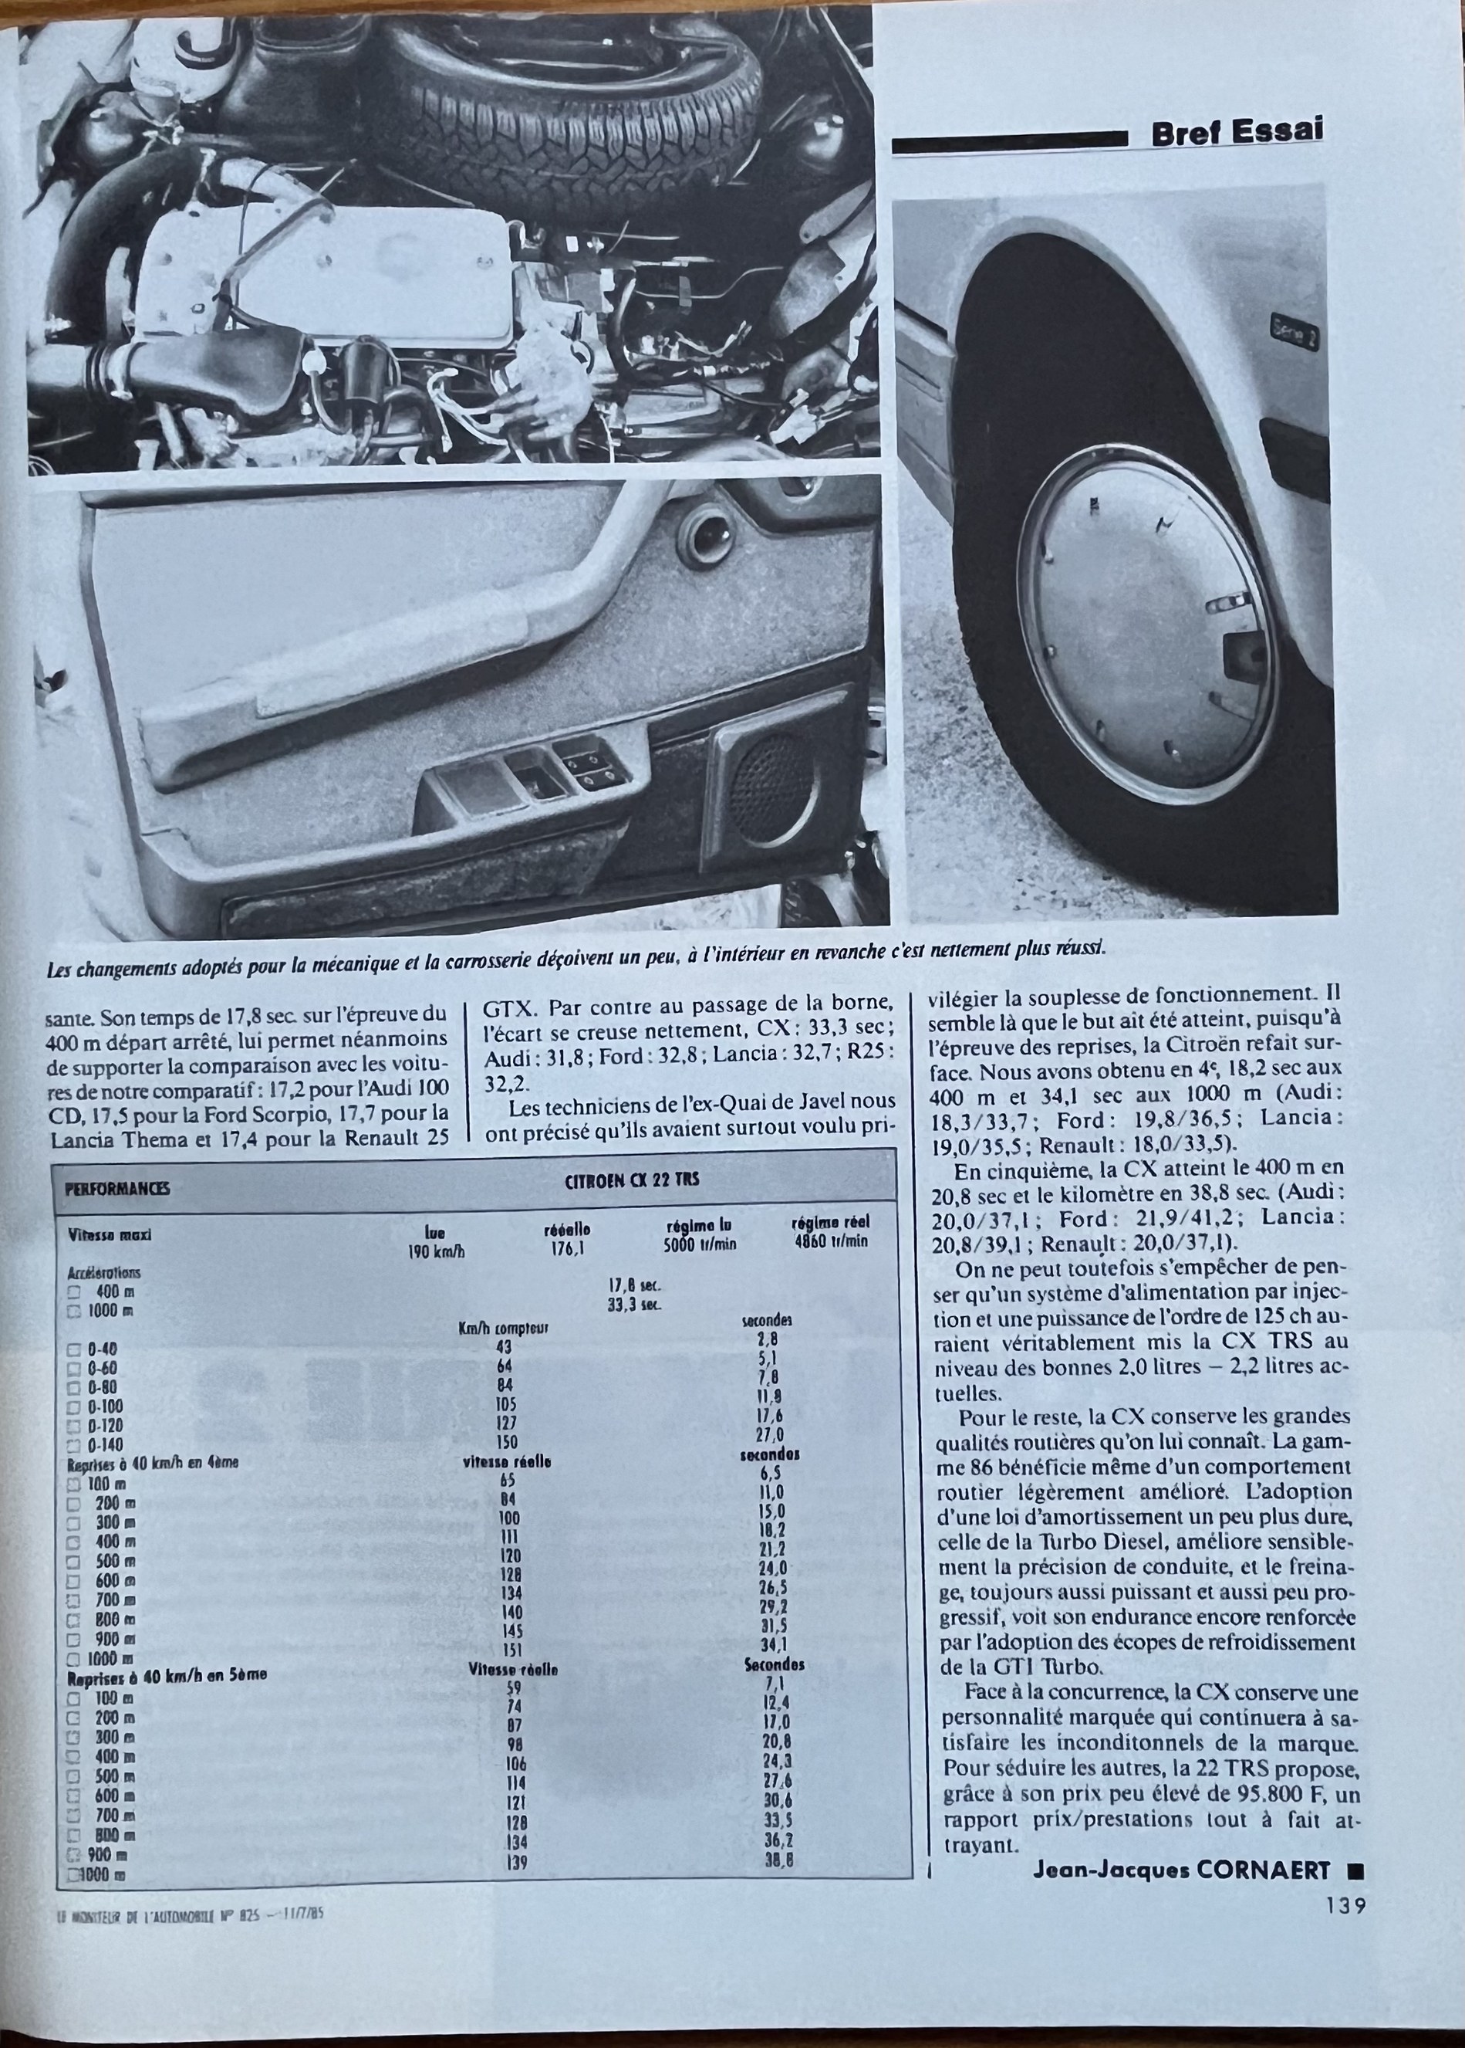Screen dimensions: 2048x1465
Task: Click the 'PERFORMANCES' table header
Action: pos(117,1189)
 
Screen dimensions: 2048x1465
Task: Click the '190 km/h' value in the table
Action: pos(437,1252)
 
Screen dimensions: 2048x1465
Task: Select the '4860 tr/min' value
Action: pos(830,1241)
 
